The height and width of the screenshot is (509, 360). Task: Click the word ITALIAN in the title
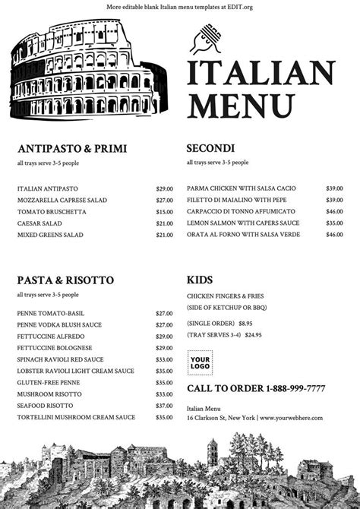(x=261, y=74)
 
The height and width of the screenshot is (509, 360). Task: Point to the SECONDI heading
(x=210, y=148)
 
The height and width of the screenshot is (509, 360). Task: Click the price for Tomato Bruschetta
(x=164, y=212)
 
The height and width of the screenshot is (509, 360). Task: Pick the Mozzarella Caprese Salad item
(x=62, y=201)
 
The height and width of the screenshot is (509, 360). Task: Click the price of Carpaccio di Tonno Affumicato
(x=334, y=212)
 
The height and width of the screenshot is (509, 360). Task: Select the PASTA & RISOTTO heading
(x=65, y=280)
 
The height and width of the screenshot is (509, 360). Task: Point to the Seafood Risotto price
(x=164, y=406)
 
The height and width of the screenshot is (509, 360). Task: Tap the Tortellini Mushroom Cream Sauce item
(x=76, y=417)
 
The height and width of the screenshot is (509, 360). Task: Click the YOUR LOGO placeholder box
(x=201, y=362)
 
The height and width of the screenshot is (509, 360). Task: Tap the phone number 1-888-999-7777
(x=295, y=389)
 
